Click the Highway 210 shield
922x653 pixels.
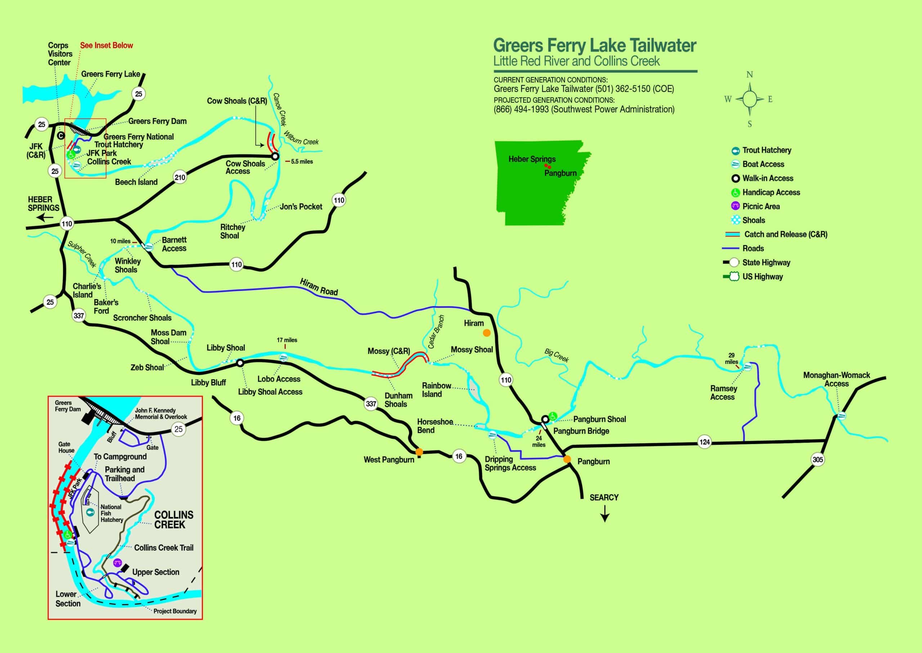pyautogui.click(x=180, y=177)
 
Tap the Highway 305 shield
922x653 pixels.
pyautogui.click(x=818, y=459)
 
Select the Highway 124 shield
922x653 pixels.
pyautogui.click(x=704, y=442)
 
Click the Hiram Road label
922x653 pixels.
pyautogui.click(x=319, y=287)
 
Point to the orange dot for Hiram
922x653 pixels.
pyautogui.click(x=487, y=333)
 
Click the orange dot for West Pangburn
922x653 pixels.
pyautogui.click(x=419, y=452)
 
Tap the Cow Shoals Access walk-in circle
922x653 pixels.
pyautogui.click(x=275, y=156)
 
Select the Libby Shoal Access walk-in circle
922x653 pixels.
pyautogui.click(x=240, y=363)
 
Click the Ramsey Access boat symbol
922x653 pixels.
pyautogui.click(x=747, y=366)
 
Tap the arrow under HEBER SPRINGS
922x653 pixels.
pyautogui.click(x=45, y=218)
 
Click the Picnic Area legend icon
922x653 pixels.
pyautogui.click(x=735, y=206)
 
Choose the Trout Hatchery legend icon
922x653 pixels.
pyautogui.click(x=735, y=150)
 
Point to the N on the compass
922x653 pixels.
pyautogui.click(x=749, y=75)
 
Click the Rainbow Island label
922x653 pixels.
pyautogui.click(x=436, y=390)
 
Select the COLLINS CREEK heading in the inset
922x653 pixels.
pyautogui.click(x=173, y=520)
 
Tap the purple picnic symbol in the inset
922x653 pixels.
pyautogui.click(x=117, y=563)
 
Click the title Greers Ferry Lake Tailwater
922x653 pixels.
pyautogui.click(x=595, y=45)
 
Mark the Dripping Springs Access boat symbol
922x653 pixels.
pyautogui.click(x=492, y=435)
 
